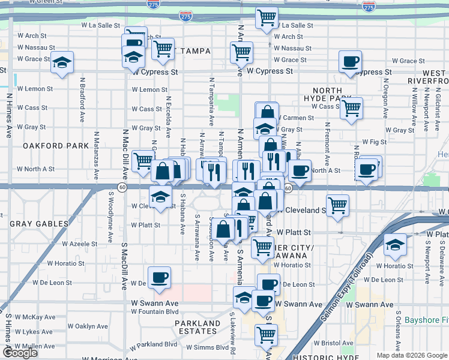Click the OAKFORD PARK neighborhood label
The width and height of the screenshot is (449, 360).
[47, 146]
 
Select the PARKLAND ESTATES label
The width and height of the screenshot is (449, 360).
[197, 328]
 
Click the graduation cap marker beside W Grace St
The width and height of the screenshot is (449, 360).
[62, 63]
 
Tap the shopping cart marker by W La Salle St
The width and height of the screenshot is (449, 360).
[266, 17]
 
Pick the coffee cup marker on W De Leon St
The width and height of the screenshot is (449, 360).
[159, 277]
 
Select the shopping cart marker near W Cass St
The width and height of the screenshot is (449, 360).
[352, 109]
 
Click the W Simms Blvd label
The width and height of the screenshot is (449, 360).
[206, 347]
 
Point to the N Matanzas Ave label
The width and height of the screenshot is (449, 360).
[95, 155]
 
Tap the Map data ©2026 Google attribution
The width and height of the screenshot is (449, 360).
[411, 355]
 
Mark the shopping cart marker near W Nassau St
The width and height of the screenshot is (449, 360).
[162, 50]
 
